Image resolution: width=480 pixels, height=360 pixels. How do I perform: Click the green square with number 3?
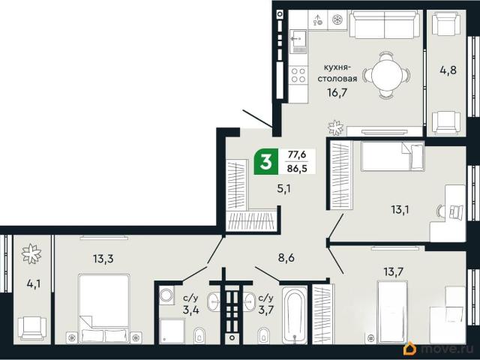(266, 162)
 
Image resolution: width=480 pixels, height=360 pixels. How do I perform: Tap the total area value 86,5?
(297, 168)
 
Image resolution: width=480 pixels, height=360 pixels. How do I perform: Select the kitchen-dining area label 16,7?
(337, 91)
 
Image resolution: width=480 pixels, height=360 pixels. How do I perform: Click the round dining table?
(387, 75)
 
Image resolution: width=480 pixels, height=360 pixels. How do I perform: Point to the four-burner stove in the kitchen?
(298, 75)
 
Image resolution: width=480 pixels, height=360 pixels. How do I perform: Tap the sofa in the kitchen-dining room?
(385, 24)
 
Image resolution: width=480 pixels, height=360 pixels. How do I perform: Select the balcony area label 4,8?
(448, 70)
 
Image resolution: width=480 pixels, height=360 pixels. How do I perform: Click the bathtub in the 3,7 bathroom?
(295, 315)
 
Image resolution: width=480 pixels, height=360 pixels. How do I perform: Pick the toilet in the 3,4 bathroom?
(199, 335)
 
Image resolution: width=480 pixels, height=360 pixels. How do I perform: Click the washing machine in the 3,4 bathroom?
(166, 295)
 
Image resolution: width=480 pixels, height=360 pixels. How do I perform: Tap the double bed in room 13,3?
(103, 308)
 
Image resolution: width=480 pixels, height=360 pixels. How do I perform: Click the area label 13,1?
(400, 210)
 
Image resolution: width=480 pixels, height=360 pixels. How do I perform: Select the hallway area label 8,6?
(286, 258)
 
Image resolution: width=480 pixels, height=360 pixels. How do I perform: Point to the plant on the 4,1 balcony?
(31, 253)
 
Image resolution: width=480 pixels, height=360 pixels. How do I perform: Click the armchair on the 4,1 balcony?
(32, 328)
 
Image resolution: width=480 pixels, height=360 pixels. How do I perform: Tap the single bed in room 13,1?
(393, 156)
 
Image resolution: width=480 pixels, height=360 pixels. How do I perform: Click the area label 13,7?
(393, 271)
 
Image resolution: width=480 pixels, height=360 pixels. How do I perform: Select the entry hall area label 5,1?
(283, 188)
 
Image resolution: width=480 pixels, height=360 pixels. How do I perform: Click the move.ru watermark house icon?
(410, 349)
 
